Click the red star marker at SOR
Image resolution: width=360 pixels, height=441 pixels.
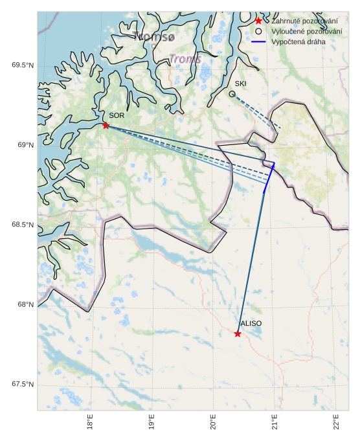click(x=106, y=125)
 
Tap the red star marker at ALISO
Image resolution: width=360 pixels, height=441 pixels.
click(x=238, y=334)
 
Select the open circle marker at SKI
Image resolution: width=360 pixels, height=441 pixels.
click(x=232, y=94)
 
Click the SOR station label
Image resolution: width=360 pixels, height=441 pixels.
click(x=116, y=115)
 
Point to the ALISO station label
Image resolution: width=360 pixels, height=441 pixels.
click(x=251, y=323)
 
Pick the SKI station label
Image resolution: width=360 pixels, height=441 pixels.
click(x=240, y=84)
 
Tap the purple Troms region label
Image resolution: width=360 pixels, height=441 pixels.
click(x=185, y=59)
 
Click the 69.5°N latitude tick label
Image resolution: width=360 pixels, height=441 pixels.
click(x=23, y=65)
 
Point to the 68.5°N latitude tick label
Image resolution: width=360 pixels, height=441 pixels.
click(x=23, y=225)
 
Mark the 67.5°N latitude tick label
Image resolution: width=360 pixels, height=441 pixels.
click(x=23, y=385)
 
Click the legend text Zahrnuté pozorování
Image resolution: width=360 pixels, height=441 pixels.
click(x=304, y=21)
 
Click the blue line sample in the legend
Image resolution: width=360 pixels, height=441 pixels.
click(x=258, y=41)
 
